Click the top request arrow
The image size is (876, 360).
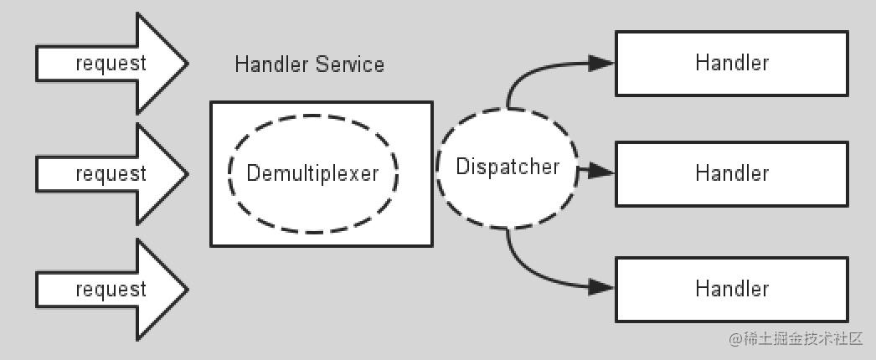(x=111, y=63)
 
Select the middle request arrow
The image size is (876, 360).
(x=111, y=173)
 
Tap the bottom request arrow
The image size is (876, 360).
(x=111, y=289)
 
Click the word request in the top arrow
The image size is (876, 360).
(x=111, y=64)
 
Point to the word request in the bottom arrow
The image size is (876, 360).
(x=111, y=290)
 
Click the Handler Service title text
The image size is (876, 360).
(x=310, y=64)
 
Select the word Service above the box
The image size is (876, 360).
(x=350, y=64)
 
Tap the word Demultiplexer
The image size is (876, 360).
(x=313, y=173)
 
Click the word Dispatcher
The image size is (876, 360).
(x=508, y=167)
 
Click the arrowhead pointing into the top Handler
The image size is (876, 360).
(x=601, y=63)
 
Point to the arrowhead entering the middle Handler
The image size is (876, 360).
(x=601, y=172)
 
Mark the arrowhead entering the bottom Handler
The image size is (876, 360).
(x=601, y=287)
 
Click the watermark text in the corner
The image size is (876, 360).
(x=796, y=339)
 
